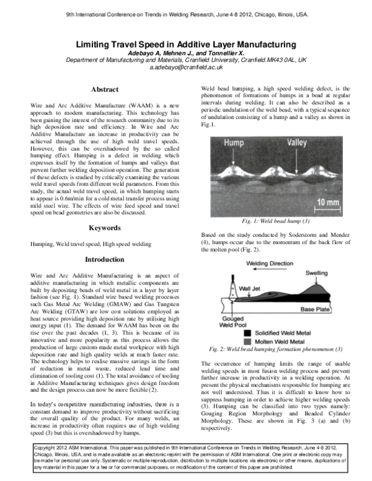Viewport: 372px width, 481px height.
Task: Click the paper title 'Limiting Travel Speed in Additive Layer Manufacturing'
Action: pyautogui.click(x=186, y=44)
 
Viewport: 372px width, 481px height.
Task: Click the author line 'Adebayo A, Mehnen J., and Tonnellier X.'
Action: pyautogui.click(x=186, y=53)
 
